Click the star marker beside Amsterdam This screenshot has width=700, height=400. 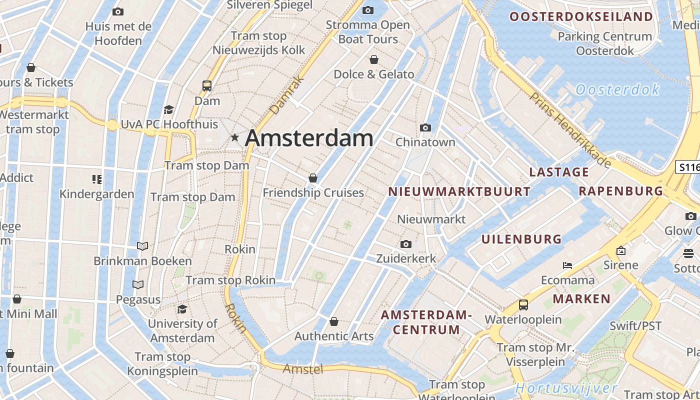[x=234, y=137]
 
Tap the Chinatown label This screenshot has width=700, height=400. [x=425, y=142]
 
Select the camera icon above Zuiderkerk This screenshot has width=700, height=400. [x=406, y=244]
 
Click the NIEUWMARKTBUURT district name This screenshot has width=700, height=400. [x=459, y=191]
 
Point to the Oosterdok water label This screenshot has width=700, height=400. [x=617, y=90]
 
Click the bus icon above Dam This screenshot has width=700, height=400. [x=207, y=86]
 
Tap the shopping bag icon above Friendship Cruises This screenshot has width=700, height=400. [x=313, y=178]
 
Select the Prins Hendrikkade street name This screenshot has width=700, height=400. [x=570, y=130]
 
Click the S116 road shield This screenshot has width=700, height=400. [x=688, y=167]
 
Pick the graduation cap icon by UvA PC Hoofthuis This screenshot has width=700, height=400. [x=169, y=110]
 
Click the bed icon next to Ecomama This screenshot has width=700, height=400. [x=567, y=265]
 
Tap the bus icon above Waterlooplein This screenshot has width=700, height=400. [x=523, y=304]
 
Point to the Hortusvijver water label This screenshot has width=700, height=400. [x=566, y=388]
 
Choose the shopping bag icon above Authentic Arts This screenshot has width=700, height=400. [x=334, y=321]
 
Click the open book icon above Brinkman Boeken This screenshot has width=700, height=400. [x=142, y=246]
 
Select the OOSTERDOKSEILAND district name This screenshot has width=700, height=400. [x=581, y=16]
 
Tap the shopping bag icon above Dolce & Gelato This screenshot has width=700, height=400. [x=374, y=60]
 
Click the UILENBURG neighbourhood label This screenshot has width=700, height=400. [x=521, y=239]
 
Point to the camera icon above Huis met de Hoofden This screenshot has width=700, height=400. [x=118, y=11]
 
